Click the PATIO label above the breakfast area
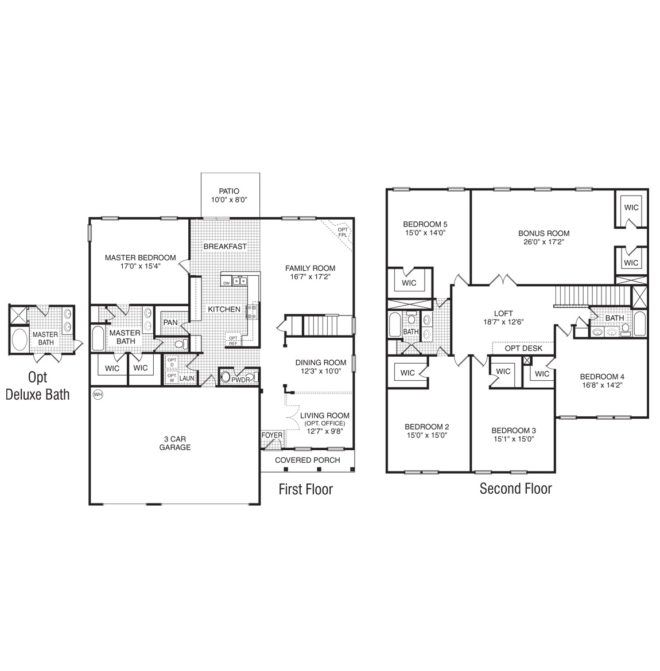[x=229, y=191]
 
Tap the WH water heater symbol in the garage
[x=98, y=395]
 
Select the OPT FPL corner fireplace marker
[x=343, y=232]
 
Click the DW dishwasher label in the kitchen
[x=226, y=283]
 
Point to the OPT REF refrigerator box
[x=233, y=341]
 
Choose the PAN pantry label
[x=170, y=322]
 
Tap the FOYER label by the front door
[x=272, y=435]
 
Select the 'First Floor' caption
[x=305, y=489]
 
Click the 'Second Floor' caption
[x=515, y=489]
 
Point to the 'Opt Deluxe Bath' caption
[x=38, y=386]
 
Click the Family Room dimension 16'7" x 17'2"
[x=310, y=276]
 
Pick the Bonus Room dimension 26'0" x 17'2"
[x=543, y=242]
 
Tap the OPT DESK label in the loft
[x=523, y=348]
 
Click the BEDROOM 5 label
[x=425, y=224]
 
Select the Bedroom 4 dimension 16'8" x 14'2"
[x=602, y=385]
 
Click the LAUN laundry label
[x=187, y=379]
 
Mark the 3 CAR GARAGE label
[x=175, y=443]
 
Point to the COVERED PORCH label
[x=307, y=460]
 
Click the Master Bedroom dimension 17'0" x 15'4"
[x=140, y=266]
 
